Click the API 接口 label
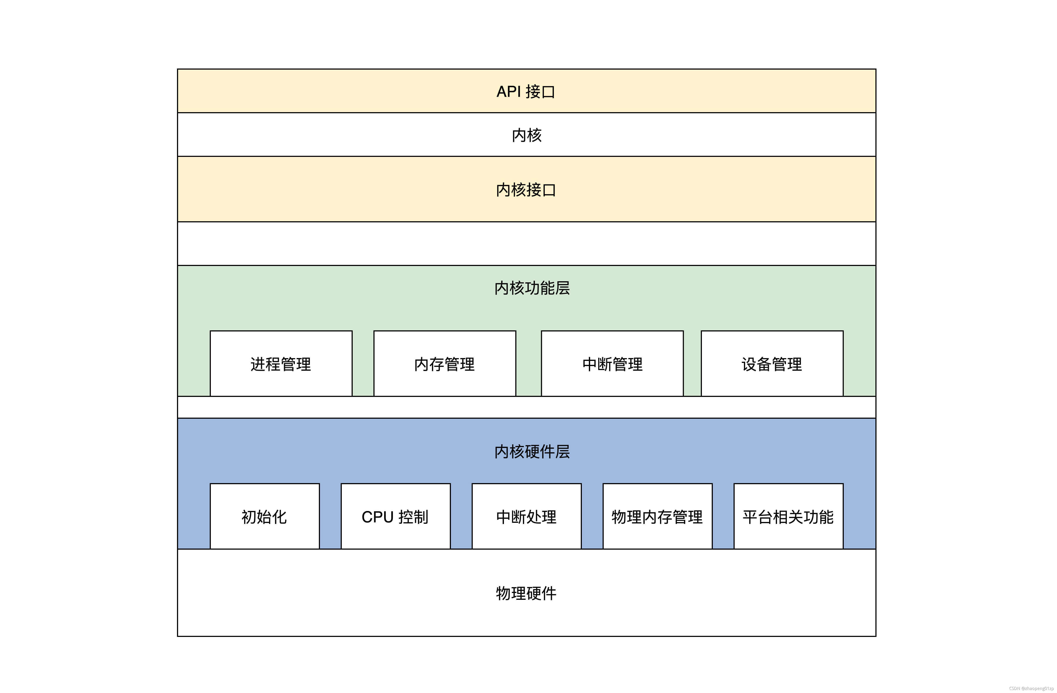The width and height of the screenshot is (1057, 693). (x=526, y=91)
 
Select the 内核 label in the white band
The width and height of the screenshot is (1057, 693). (x=527, y=135)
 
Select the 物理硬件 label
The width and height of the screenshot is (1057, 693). (x=526, y=593)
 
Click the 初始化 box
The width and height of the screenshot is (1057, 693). (x=264, y=516)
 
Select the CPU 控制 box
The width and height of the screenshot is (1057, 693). (x=395, y=516)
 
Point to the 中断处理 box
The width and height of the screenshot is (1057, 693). (x=526, y=516)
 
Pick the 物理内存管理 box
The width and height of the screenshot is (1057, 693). (x=657, y=516)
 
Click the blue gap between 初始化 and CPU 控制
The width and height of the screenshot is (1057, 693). (x=330, y=516)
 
